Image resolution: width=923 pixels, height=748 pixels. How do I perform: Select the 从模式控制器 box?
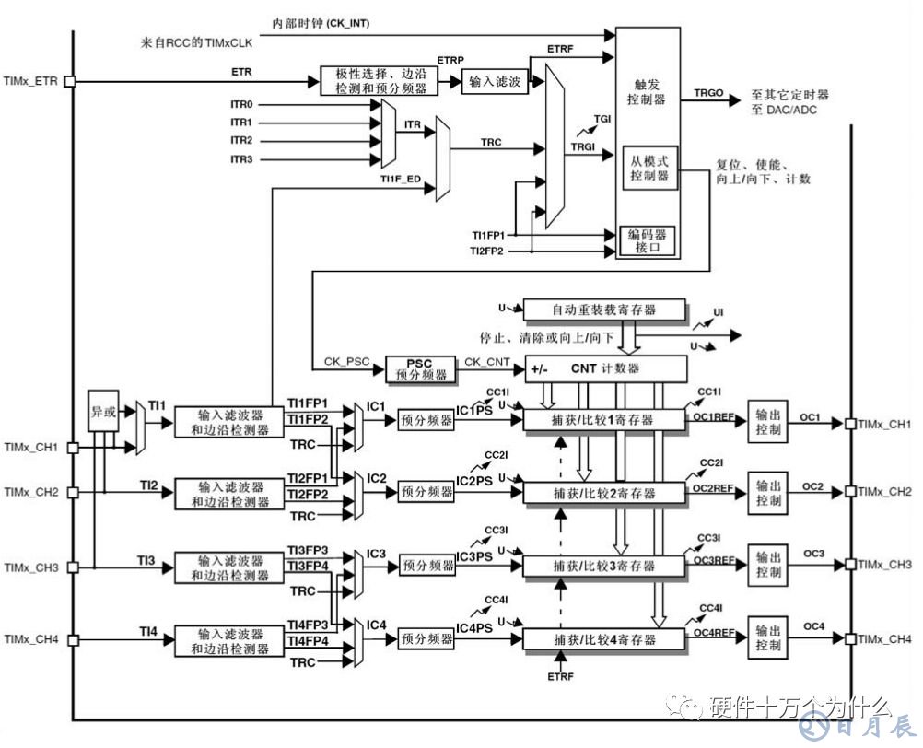(650, 168)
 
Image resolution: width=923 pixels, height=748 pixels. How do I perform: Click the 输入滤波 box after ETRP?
(494, 82)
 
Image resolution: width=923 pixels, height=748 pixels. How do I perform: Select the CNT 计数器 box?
(605, 369)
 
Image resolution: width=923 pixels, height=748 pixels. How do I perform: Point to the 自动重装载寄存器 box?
(604, 310)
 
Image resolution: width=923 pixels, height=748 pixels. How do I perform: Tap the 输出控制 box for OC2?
(767, 493)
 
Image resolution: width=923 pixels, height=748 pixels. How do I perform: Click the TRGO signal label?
(708, 93)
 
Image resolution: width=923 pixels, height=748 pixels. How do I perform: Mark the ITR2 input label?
(241, 141)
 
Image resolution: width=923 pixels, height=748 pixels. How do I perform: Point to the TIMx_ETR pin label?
(31, 82)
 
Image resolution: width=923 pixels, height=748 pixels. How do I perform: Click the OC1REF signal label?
(714, 416)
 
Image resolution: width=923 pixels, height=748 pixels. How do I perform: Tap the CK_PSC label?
(345, 361)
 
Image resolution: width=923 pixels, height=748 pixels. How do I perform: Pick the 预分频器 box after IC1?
(426, 420)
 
